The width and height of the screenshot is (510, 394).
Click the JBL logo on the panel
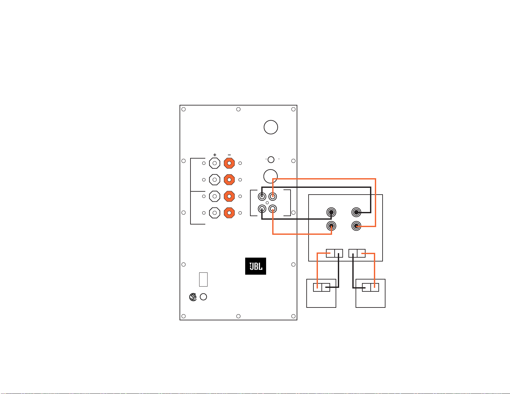click(x=255, y=266)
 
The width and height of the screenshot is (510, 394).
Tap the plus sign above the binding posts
click(x=215, y=155)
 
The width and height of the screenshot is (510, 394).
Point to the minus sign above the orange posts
click(x=229, y=155)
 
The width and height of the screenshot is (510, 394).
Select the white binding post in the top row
click(x=215, y=163)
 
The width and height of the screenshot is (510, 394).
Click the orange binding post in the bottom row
click(x=229, y=213)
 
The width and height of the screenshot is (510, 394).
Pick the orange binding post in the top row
click(x=229, y=163)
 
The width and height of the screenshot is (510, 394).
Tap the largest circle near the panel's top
click(x=271, y=127)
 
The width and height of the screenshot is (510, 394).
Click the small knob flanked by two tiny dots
click(x=271, y=160)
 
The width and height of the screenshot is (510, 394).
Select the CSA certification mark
click(x=193, y=297)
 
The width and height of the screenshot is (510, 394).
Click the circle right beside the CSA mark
click(x=203, y=297)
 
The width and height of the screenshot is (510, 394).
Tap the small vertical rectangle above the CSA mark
click(x=203, y=279)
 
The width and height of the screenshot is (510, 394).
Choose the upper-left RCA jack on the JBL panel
click(x=262, y=196)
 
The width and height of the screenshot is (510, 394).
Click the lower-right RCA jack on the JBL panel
click(x=273, y=209)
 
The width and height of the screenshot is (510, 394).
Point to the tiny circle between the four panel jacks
click(x=267, y=203)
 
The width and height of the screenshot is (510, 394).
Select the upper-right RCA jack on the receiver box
click(x=356, y=212)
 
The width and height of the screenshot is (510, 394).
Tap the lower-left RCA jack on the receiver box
click(x=331, y=226)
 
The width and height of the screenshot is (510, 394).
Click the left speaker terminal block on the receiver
click(x=334, y=253)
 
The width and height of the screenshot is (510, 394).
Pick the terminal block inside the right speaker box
click(x=370, y=287)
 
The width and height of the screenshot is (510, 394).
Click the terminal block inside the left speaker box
click(x=321, y=287)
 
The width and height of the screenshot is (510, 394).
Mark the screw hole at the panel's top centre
click(x=238, y=109)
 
